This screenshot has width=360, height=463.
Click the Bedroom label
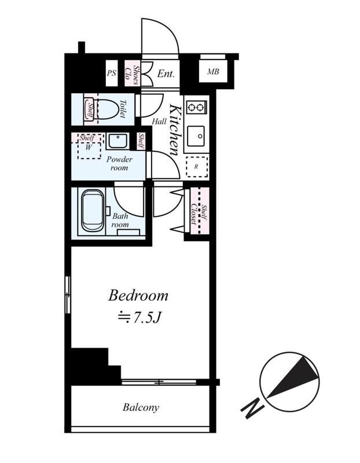[x=138, y=296]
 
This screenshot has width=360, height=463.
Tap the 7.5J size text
[x=139, y=318]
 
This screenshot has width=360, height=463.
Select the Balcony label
[x=141, y=407]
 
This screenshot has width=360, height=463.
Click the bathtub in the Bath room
[x=93, y=210]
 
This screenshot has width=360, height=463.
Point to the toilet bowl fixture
[x=108, y=109]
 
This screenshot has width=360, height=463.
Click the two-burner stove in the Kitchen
[x=196, y=106]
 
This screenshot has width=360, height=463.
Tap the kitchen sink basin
[x=196, y=136]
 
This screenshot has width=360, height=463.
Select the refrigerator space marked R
[x=197, y=167]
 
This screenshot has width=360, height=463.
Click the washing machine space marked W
[x=89, y=147]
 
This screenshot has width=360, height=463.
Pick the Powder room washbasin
[x=117, y=141]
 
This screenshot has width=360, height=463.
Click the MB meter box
[x=213, y=71]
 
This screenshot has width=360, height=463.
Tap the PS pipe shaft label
[x=111, y=73]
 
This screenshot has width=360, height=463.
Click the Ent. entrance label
[x=166, y=74]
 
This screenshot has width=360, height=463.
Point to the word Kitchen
[x=175, y=130]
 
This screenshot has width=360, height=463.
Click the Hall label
[x=159, y=121]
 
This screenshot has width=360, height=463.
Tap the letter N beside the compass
[x=252, y=409]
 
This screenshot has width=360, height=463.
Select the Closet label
[x=194, y=214]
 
